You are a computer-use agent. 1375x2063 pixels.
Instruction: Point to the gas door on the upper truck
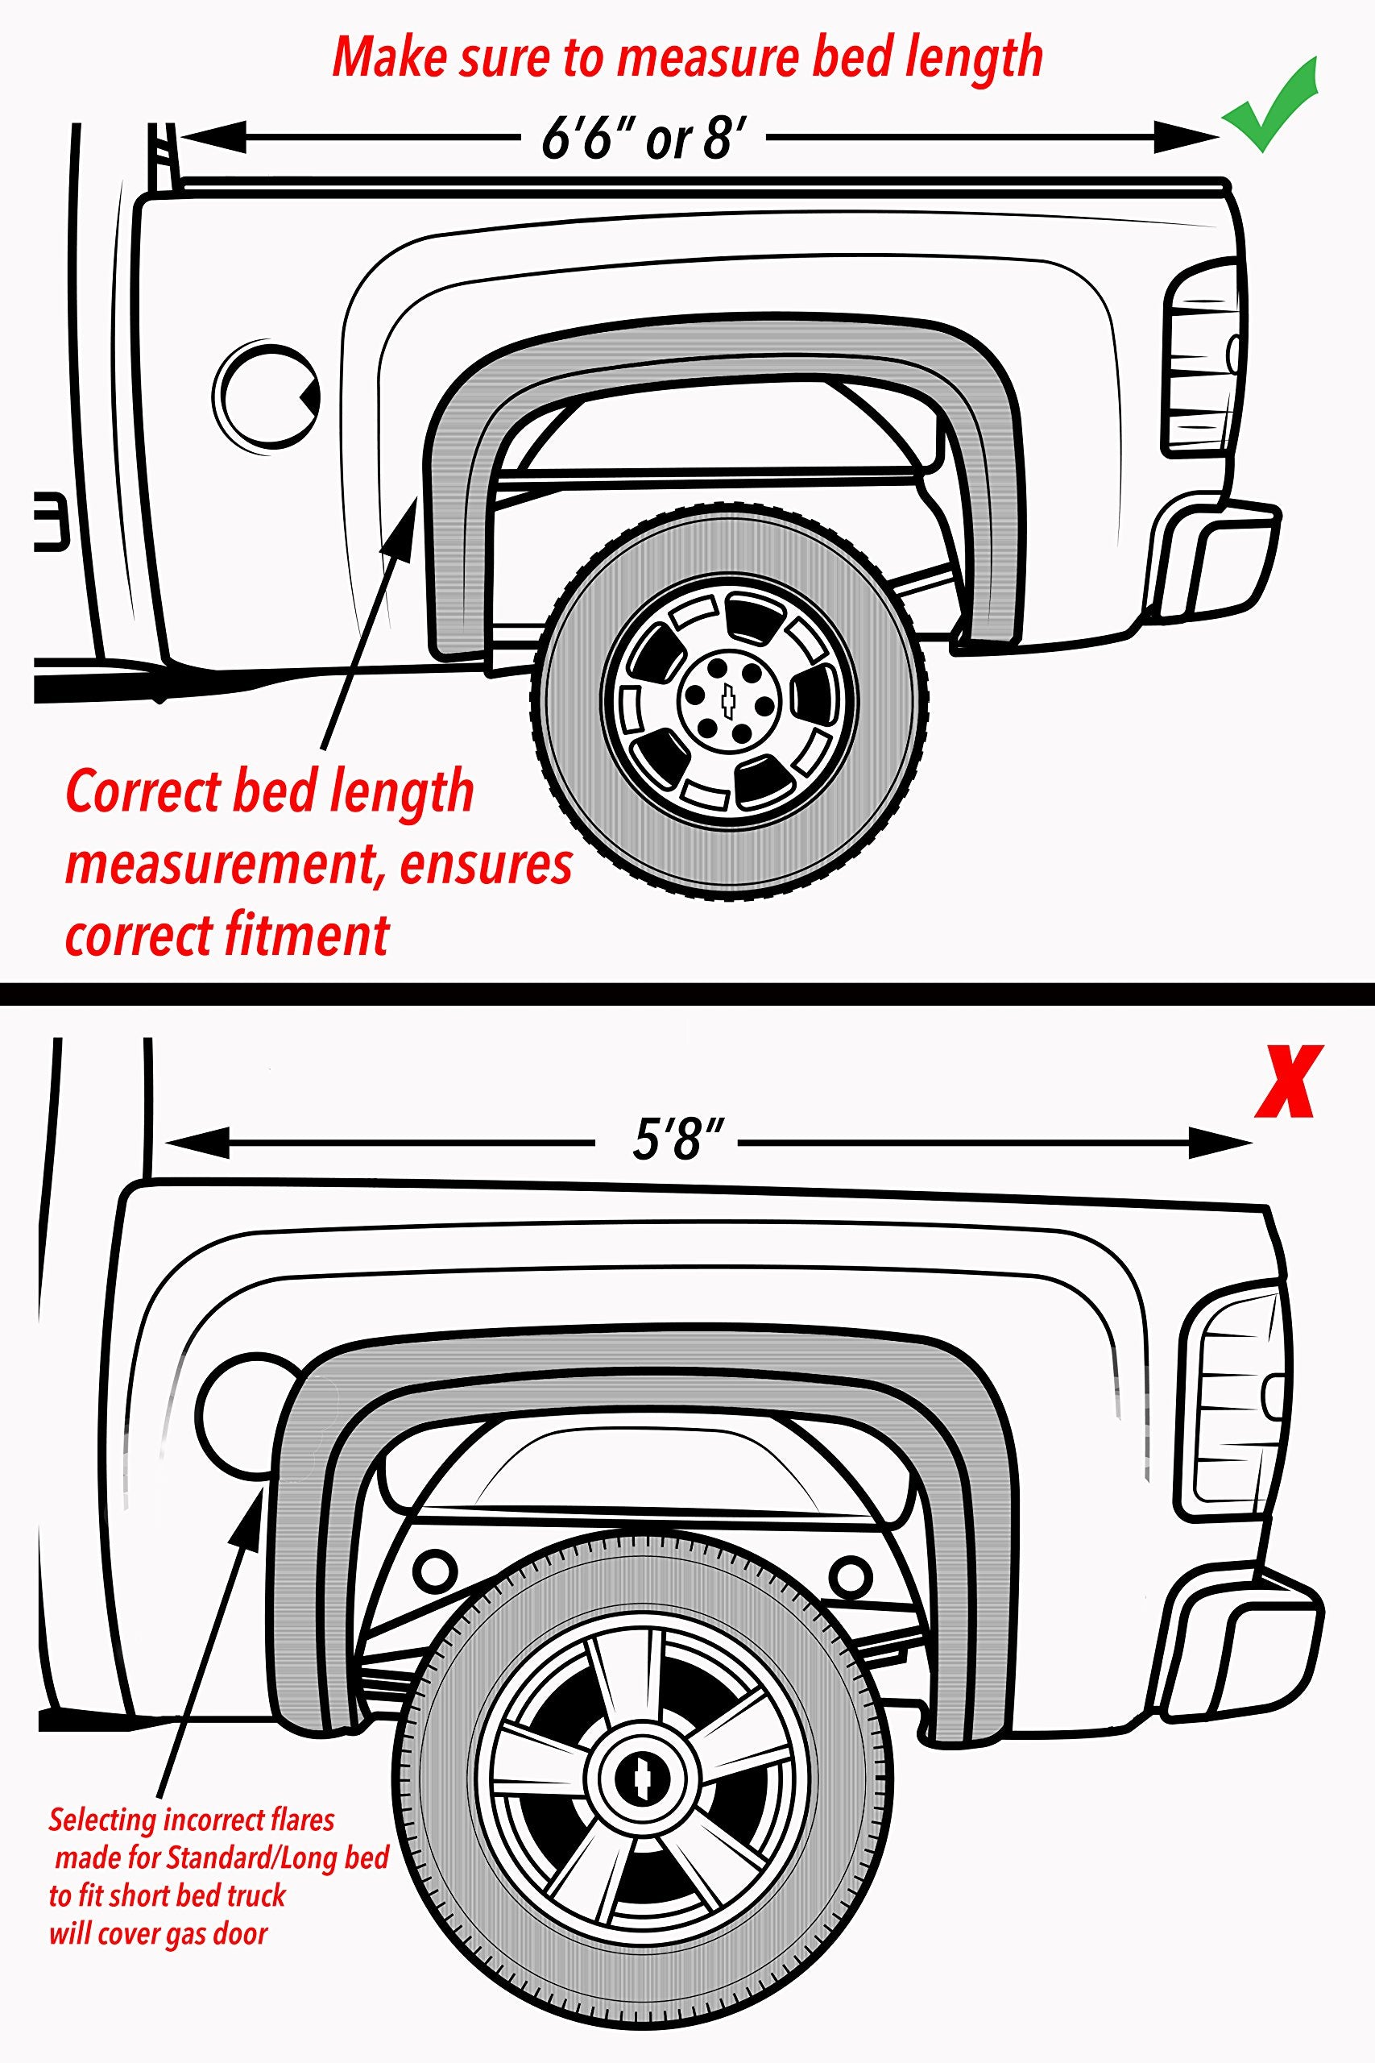click(x=265, y=396)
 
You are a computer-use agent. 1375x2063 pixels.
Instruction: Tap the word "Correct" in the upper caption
click(x=142, y=792)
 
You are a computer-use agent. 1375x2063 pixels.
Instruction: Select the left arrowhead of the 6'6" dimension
click(x=210, y=138)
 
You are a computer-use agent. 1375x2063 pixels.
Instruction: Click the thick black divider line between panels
click(x=688, y=994)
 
